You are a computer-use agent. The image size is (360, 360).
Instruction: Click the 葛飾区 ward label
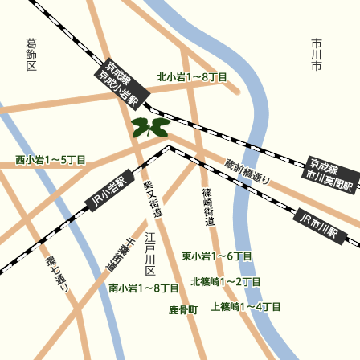point(31,54)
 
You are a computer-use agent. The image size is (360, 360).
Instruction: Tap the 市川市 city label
point(317,54)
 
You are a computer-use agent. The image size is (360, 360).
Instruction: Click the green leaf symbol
point(149,127)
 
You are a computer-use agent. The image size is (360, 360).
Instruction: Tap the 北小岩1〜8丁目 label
point(192,77)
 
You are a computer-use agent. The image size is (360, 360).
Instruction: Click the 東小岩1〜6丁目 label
point(217,256)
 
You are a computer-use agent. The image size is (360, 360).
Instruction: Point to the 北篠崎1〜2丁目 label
point(226,282)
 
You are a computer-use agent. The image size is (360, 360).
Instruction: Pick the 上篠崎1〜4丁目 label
point(246,307)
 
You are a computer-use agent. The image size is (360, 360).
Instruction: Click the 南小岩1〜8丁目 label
point(144,288)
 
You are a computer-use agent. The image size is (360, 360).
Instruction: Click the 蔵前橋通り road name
point(247,170)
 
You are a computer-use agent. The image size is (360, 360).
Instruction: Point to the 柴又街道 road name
point(152,198)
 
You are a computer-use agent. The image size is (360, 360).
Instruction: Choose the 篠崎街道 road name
point(208,207)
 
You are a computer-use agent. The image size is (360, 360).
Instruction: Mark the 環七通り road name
point(57,273)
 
